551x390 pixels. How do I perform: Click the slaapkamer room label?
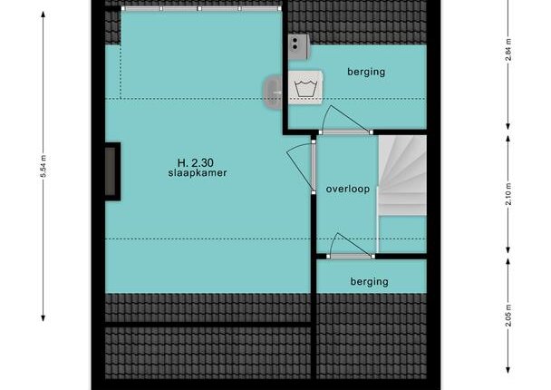tap(198, 173)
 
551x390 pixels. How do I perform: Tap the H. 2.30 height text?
tap(196, 163)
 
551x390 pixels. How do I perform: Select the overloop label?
tap(347, 190)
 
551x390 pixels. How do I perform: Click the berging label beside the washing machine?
tap(366, 72)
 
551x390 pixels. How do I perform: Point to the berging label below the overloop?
tap(370, 282)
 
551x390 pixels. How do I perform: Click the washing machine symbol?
tap(305, 88)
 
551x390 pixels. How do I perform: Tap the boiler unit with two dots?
tap(299, 46)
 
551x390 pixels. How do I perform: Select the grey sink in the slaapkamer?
tap(273, 93)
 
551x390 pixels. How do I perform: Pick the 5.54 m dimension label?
tap(43, 166)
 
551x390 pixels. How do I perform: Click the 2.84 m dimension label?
tap(508, 50)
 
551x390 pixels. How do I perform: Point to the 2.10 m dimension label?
tap(508, 194)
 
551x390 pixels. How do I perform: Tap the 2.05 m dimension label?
tap(508, 316)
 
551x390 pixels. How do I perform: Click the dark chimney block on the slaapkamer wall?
tap(112, 171)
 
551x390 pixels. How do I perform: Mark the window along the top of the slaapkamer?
tap(201, 8)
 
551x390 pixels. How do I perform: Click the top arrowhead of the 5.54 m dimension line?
tap(43, 15)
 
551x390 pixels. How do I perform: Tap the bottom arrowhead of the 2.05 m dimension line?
tap(508, 370)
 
